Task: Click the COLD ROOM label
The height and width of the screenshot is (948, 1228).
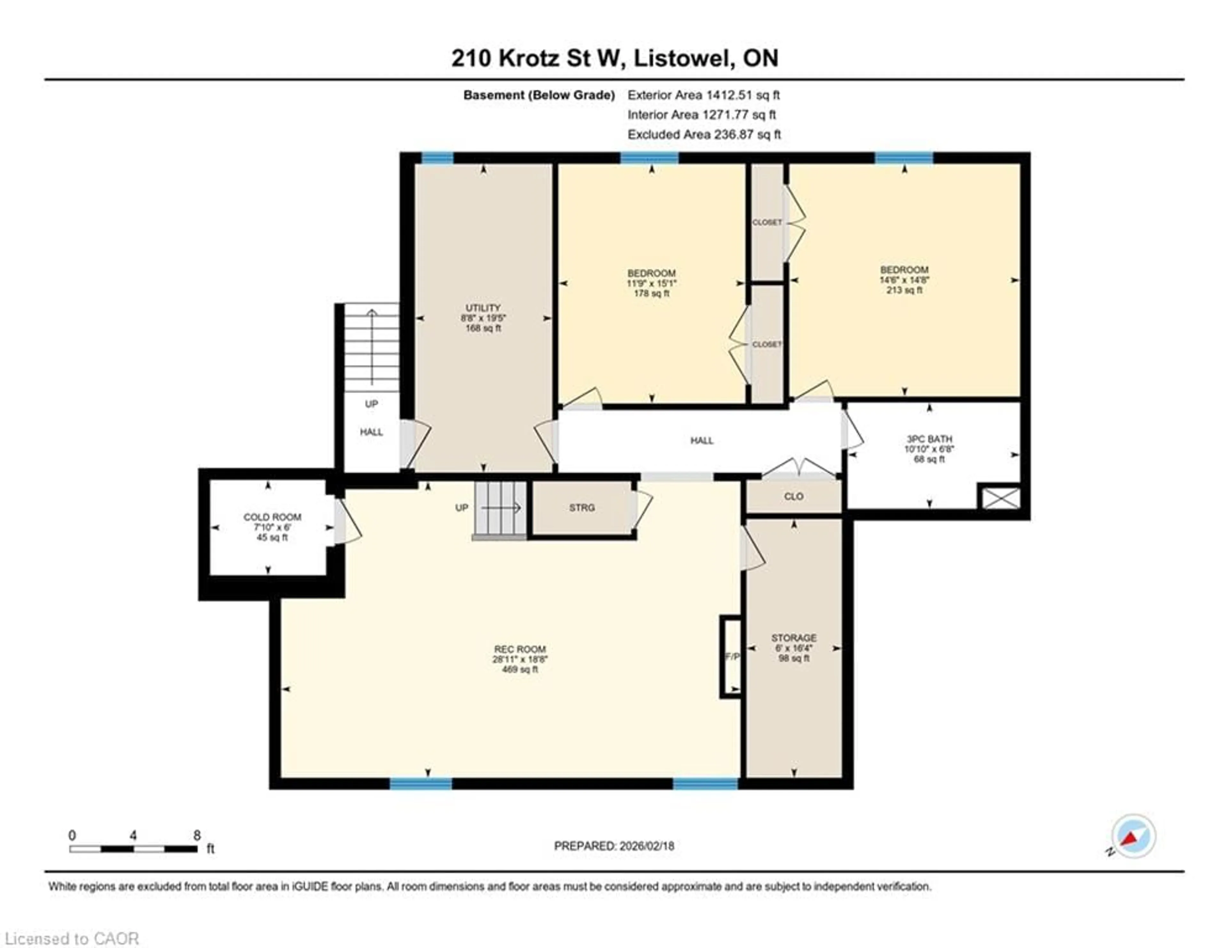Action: (x=272, y=517)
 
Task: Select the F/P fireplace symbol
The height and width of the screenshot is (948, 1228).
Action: (x=731, y=657)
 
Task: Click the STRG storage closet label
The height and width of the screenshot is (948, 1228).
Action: (x=581, y=508)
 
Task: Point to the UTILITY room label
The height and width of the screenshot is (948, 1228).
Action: (x=483, y=308)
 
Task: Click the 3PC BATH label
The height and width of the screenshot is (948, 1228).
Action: (x=929, y=439)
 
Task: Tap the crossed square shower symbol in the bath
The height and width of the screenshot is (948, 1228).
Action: (x=1000, y=498)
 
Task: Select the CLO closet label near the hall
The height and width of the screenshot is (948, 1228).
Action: (x=793, y=496)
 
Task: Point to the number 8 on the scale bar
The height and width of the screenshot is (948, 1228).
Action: (x=197, y=835)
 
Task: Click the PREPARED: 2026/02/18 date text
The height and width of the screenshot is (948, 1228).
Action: (x=614, y=846)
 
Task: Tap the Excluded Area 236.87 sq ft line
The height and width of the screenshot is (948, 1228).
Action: (x=704, y=134)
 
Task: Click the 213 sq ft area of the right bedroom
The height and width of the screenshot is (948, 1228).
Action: (x=904, y=290)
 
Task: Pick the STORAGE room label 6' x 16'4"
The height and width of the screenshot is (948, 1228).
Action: (x=793, y=638)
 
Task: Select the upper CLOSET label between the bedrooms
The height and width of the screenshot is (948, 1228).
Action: (x=767, y=222)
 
